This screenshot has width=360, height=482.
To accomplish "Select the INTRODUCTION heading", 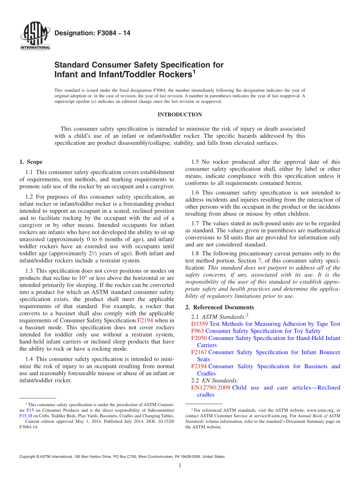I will [180, 115].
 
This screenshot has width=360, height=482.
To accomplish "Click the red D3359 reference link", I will [200, 324].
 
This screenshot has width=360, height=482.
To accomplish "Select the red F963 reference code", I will [197, 331].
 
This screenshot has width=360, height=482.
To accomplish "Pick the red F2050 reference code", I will [199, 338].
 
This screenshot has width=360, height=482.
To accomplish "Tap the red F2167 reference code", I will [199, 352].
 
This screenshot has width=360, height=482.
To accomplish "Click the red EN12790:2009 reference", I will [211, 388].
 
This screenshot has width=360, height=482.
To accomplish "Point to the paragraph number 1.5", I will [195, 162].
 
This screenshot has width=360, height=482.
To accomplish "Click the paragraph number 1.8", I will [195, 253].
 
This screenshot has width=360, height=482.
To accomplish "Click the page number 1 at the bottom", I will [180, 466].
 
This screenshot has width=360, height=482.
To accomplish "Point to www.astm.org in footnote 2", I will [319, 410].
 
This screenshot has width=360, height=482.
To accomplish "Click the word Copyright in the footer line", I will [27, 457].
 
